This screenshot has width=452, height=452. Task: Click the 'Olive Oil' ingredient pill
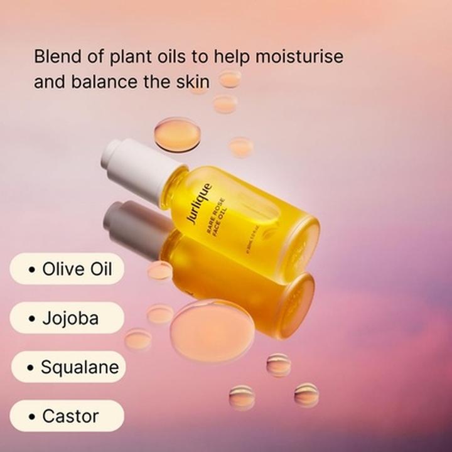point(67,269)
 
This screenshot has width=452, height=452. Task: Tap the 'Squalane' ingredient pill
point(68,367)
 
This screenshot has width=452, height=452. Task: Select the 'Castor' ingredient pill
point(67,416)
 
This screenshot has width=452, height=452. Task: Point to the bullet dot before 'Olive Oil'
point(31,270)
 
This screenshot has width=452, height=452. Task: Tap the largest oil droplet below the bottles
point(212,330)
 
